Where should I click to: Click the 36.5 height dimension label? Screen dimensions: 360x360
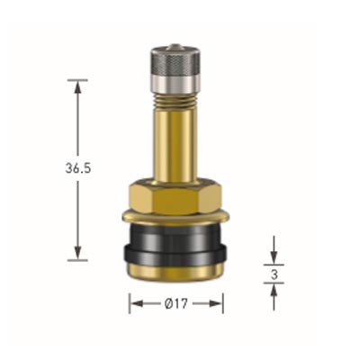78,169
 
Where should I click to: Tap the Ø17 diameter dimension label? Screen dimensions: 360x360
176,304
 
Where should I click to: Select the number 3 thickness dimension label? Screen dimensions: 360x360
274,274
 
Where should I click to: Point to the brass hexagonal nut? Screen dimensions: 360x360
175,195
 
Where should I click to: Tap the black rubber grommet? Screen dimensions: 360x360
175,245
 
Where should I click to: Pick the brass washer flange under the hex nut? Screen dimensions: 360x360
175,217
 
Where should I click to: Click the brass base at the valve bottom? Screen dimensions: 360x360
175,273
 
